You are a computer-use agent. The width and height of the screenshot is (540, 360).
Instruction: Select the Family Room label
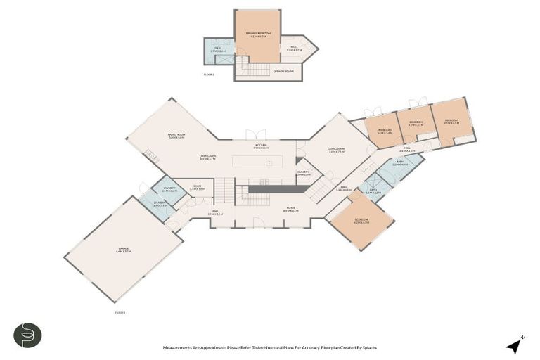pos(176,136)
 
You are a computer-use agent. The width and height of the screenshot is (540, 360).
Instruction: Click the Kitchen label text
pos(260,146)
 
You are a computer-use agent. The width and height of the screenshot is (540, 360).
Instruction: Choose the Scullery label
pos(303,173)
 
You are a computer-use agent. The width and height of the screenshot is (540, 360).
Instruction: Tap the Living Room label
pos(336,150)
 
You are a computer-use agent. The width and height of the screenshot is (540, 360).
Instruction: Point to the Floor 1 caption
pos(120,312)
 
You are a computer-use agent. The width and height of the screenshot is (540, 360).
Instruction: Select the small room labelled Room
pos(198,188)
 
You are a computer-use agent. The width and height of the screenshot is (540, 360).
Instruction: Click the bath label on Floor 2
pos(218,49)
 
